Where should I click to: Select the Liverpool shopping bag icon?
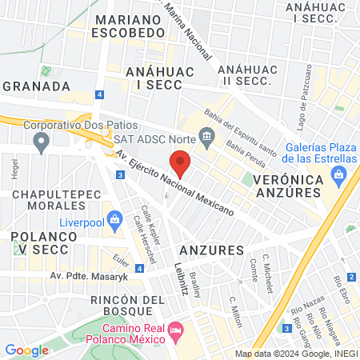(x=114, y=218)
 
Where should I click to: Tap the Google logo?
(x=26, y=350)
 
